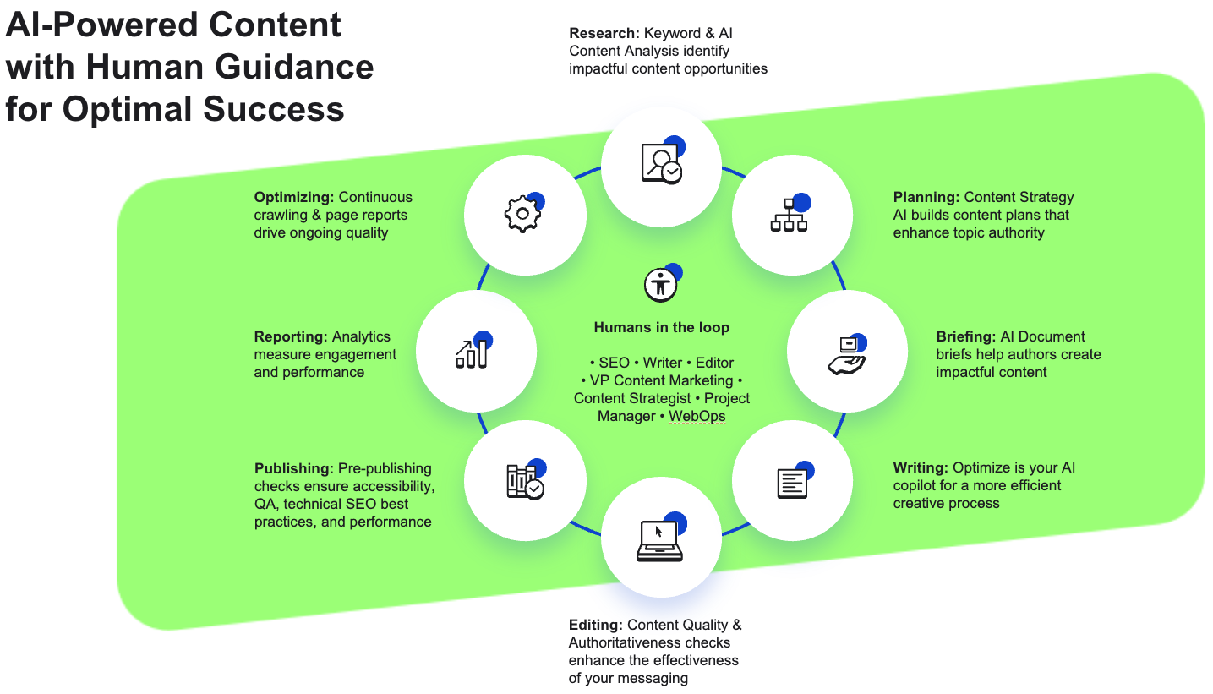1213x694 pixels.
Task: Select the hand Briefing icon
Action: [846, 353]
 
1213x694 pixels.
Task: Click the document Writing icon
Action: [792, 482]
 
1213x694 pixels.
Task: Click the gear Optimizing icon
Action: [522, 214]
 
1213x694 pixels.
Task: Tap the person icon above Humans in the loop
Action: [660, 285]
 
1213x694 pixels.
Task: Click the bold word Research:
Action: [604, 34]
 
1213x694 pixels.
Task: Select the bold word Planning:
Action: [926, 198]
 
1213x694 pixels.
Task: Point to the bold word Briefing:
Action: [966, 336]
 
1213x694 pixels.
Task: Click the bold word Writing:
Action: [921, 467]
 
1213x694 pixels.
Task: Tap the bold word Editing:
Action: [596, 625]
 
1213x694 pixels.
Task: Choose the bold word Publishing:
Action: [294, 468]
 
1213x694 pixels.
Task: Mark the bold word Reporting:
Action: [291, 336]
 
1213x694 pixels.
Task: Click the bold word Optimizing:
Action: [294, 198]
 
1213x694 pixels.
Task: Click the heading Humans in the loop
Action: [661, 328]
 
